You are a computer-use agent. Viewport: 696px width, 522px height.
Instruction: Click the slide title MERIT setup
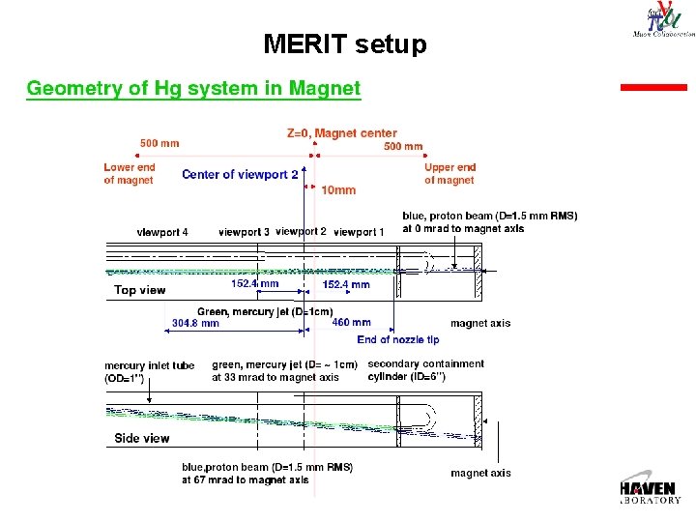344,44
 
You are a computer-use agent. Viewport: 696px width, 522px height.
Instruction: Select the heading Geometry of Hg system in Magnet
193,89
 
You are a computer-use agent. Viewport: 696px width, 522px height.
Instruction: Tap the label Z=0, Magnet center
341,133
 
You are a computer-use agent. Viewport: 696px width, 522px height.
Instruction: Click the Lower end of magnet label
129,174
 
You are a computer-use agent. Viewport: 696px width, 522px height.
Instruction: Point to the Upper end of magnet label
449,174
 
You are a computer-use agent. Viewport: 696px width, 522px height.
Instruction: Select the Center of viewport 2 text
240,174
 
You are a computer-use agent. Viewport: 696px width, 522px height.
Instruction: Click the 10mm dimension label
338,190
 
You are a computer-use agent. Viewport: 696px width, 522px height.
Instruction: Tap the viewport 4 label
162,232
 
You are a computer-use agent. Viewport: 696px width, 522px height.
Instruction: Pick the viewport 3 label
244,232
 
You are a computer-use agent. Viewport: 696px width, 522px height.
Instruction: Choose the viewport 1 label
359,232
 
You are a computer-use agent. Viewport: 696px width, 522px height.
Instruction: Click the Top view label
139,290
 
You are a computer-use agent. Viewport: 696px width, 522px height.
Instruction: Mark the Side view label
142,438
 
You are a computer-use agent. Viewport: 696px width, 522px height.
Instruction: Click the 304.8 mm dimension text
195,324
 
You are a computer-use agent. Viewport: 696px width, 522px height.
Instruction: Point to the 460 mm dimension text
351,323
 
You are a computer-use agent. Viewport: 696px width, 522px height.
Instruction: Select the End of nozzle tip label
397,339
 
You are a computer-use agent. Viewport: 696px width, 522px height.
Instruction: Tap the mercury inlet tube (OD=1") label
149,372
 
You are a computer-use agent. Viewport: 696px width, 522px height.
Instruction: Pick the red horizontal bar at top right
652,87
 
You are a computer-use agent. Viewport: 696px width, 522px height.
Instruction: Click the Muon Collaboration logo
662,20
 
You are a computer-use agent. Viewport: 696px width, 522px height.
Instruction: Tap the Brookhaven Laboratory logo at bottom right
652,489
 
